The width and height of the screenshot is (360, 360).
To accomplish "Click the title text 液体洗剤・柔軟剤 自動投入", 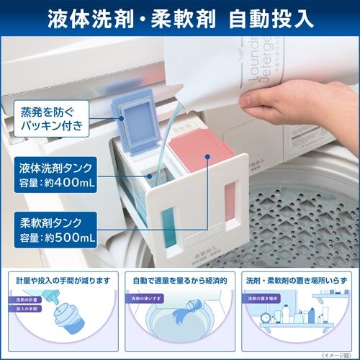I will click(x=180, y=17).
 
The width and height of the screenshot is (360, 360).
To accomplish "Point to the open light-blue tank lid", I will click(x=134, y=123).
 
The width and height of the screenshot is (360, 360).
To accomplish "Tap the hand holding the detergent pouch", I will click(x=288, y=97).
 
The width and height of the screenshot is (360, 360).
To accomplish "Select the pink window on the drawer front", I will click(x=230, y=201).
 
